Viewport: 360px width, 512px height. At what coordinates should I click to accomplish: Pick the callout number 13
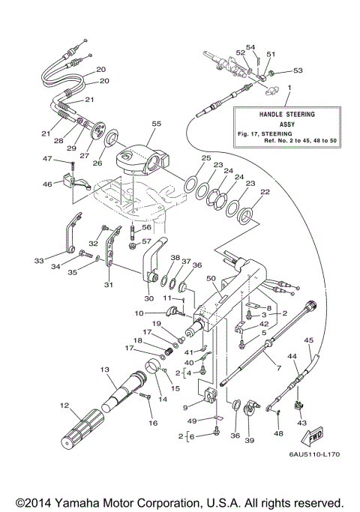pos(104,370)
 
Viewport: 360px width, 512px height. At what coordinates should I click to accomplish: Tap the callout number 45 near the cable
pos(308,340)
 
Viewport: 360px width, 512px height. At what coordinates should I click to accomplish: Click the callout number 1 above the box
pos(289,88)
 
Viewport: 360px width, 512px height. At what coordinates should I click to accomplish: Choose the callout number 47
pos(46,159)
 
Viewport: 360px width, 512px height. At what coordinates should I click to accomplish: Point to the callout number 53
pos(298,70)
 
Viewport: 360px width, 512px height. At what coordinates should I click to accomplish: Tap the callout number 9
pos(184,408)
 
